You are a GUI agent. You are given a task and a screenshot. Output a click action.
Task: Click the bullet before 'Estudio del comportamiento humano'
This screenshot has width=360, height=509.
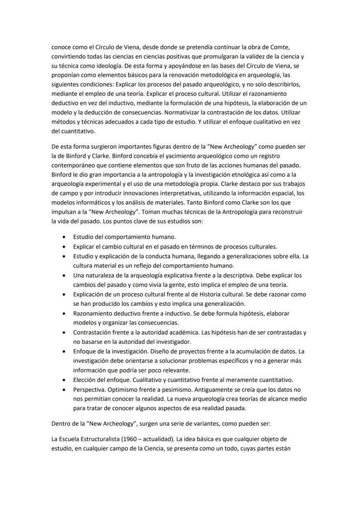(x=64, y=237)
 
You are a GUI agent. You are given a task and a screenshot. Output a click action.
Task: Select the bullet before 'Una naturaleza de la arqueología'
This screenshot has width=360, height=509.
(x=64, y=276)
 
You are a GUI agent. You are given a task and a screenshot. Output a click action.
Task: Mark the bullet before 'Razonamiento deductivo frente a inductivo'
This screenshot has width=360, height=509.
(x=64, y=313)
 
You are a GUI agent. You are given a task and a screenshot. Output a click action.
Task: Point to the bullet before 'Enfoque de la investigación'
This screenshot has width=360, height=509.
(x=64, y=352)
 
